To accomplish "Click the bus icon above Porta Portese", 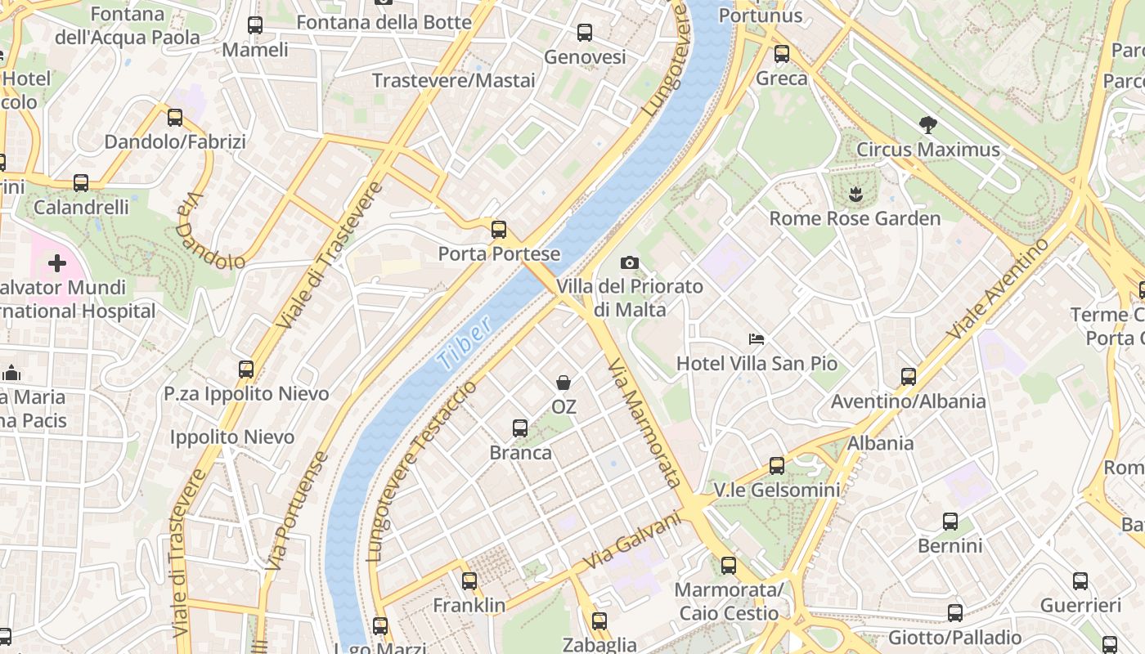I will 499,230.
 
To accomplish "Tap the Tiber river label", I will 464,343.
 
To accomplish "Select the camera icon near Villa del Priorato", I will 630,262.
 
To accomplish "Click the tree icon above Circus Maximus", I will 927,125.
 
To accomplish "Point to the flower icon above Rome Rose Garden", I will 855,195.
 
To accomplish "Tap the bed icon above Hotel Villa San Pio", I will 757,339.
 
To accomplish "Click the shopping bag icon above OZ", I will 564,382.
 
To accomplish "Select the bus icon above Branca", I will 520,428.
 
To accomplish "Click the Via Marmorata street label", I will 645,423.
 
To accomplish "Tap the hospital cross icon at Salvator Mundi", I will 57,263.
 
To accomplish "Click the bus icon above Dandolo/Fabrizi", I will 175,118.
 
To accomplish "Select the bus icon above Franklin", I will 469,581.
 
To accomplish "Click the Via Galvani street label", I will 632,540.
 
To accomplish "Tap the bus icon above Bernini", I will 950,522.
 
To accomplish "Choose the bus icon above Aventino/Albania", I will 909,377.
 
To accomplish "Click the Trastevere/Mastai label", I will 454,80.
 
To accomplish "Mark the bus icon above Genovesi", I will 585,33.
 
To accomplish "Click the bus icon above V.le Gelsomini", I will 777,466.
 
